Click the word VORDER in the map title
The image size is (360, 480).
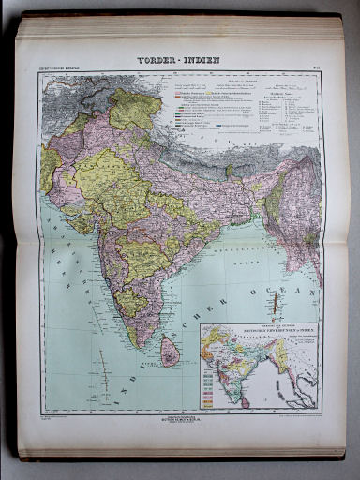157,60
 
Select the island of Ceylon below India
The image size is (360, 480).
170,352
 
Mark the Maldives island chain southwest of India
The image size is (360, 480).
102,370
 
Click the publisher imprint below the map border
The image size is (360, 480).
180,418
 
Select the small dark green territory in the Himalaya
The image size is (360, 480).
229,172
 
